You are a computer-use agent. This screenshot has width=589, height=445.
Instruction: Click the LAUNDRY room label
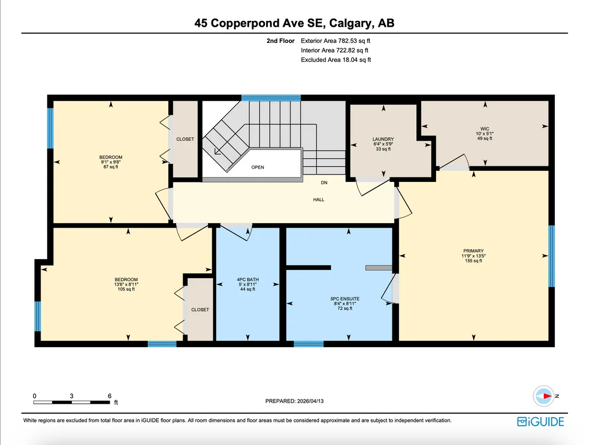click(383, 139)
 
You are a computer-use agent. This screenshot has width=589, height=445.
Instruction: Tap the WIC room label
click(485, 129)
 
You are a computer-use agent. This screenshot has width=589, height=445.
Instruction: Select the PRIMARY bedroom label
click(473, 251)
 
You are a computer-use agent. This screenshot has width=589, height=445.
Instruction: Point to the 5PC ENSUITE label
click(345, 299)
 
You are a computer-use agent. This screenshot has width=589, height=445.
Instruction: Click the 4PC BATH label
click(248, 279)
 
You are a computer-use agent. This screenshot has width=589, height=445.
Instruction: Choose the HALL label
click(318, 200)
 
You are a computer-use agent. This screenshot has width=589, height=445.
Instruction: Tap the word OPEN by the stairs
click(257, 167)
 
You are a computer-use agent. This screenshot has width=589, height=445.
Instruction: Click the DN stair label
click(324, 183)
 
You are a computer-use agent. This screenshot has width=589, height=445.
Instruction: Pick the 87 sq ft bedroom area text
click(111, 167)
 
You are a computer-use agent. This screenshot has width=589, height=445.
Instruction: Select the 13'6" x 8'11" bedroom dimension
click(126, 284)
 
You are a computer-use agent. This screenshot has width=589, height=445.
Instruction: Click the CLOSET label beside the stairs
click(185, 139)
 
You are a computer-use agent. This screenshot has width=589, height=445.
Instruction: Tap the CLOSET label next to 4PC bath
click(200, 310)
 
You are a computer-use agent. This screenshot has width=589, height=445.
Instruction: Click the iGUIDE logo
click(540, 422)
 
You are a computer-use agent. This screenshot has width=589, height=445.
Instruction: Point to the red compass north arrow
click(547, 396)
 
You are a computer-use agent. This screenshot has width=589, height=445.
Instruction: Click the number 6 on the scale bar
click(110, 396)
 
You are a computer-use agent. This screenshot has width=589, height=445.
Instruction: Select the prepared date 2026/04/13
click(310, 401)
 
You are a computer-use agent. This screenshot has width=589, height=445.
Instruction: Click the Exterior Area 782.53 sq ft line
click(336, 41)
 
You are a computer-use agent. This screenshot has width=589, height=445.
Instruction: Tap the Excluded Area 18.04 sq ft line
click(336, 60)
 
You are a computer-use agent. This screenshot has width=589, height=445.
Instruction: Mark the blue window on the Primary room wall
click(552, 256)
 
